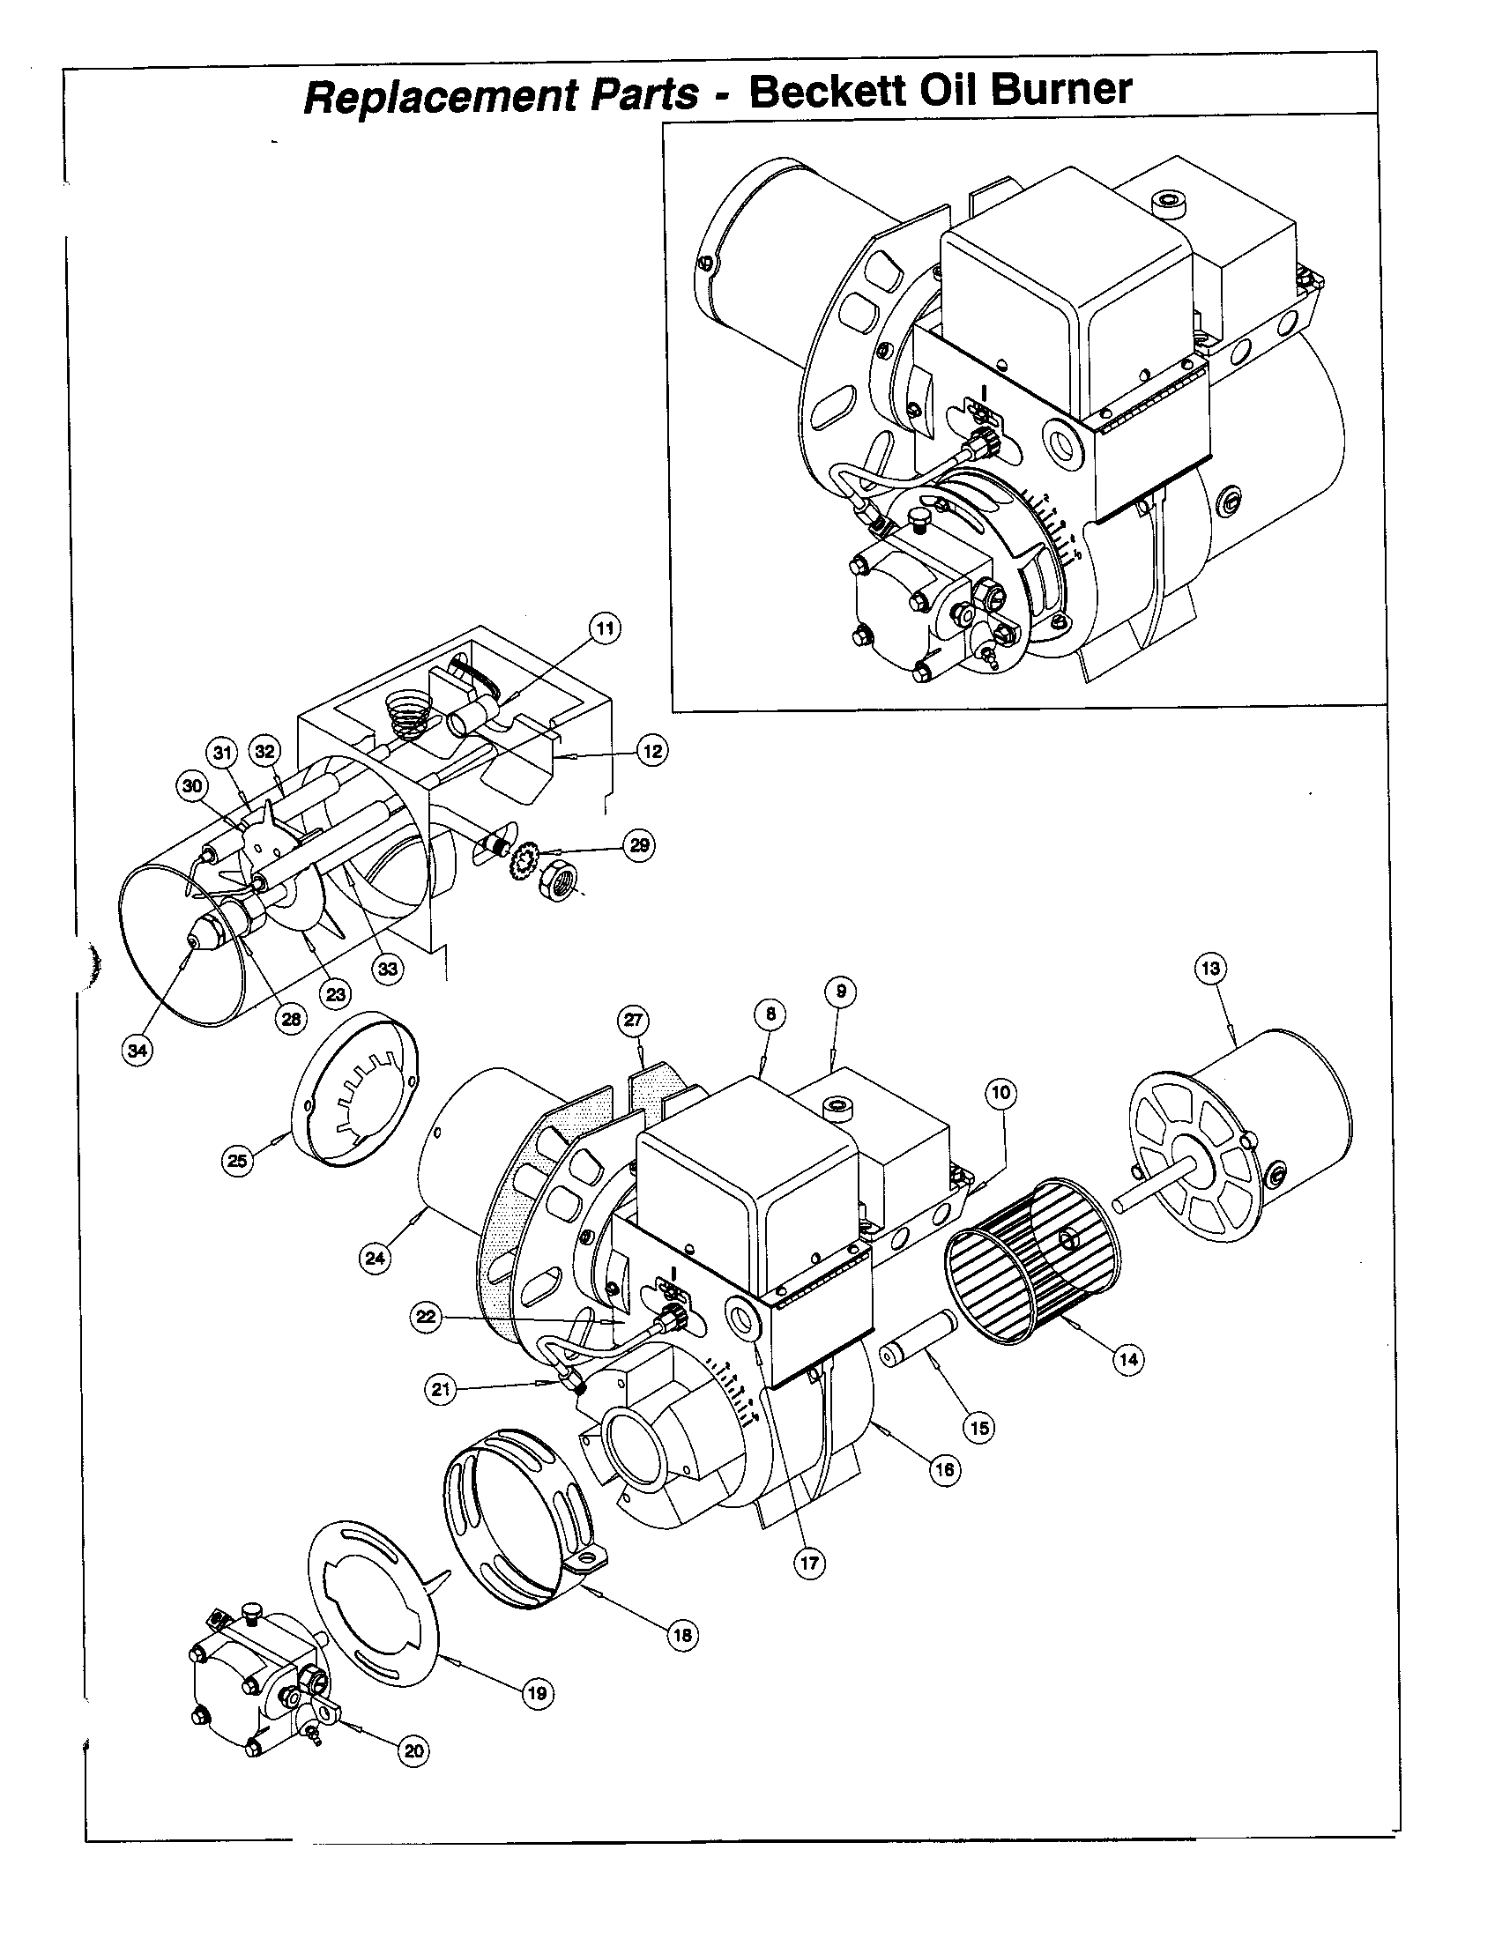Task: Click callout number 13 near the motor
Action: coord(1211,968)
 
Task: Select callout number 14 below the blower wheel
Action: coord(1127,1358)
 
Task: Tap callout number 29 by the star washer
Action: coord(640,845)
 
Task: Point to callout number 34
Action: coord(137,1051)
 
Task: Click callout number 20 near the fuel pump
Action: coord(413,1750)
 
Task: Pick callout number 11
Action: coord(604,628)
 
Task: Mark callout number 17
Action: coord(809,1563)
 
